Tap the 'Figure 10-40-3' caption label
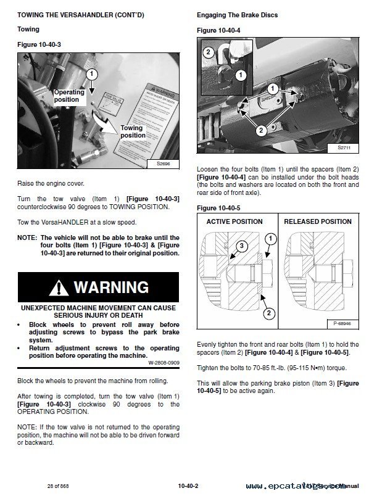(39, 45)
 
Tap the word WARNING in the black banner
(111, 287)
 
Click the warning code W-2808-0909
(164, 363)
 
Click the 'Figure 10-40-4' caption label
(218, 29)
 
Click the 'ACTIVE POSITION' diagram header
(234, 221)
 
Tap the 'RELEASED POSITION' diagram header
(317, 221)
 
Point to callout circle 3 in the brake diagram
(225, 246)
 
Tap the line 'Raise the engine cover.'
(51, 184)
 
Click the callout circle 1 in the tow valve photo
(91, 73)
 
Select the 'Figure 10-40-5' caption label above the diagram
(218, 208)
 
